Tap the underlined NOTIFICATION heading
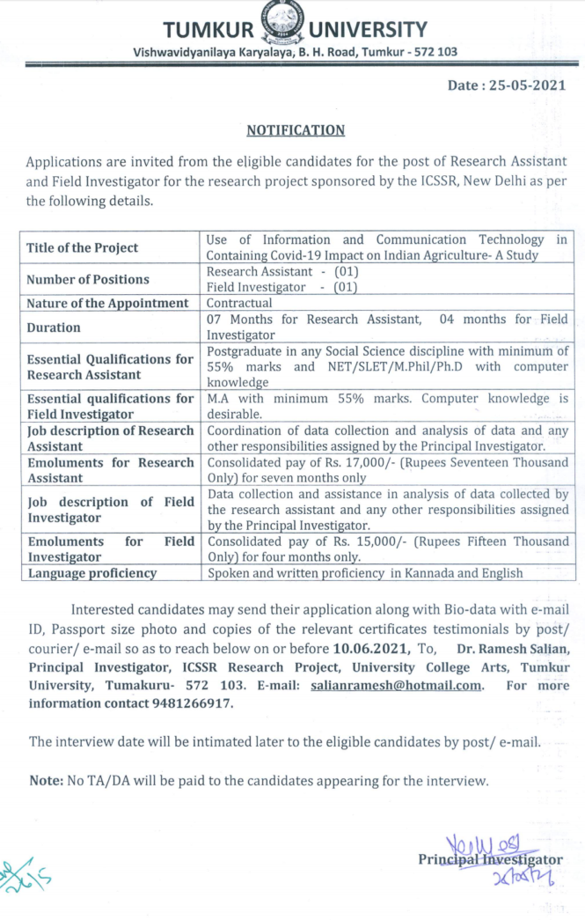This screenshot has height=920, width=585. pyautogui.click(x=296, y=130)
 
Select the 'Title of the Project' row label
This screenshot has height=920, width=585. pyautogui.click(x=83, y=247)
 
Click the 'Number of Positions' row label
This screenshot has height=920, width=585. pyautogui.click(x=88, y=279)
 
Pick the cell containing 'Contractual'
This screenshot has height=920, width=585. pyautogui.click(x=239, y=303)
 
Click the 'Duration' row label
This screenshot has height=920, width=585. pyautogui.click(x=54, y=327)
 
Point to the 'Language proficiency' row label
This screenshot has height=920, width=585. pyautogui.click(x=92, y=573)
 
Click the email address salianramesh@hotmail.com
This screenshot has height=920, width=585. pyautogui.click(x=397, y=685)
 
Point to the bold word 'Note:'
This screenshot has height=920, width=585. pyautogui.click(x=45, y=780)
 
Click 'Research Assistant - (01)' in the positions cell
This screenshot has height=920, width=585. pyautogui.click(x=282, y=272)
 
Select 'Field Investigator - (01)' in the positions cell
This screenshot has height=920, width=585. pyautogui.click(x=282, y=287)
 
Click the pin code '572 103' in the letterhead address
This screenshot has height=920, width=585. pyautogui.click(x=435, y=52)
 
